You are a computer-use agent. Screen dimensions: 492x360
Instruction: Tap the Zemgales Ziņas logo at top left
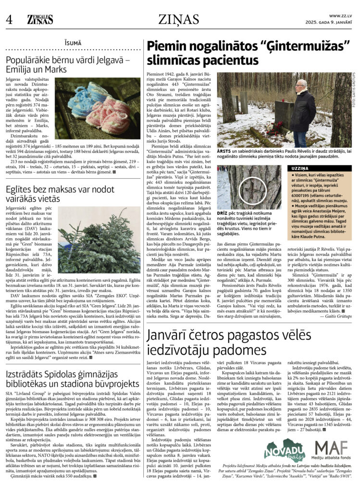40,20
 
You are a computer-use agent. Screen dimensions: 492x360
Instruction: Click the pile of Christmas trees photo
99,238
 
